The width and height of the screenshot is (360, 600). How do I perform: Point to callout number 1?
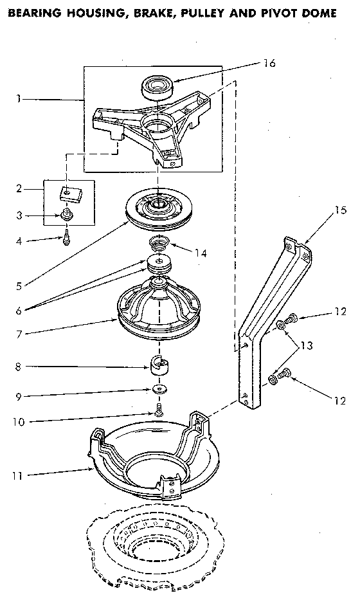coord(19,99)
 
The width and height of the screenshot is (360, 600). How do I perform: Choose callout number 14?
coord(201,253)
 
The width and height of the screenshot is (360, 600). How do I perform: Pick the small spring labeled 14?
coord(157,243)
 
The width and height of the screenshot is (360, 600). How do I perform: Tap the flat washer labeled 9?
coord(157,390)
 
